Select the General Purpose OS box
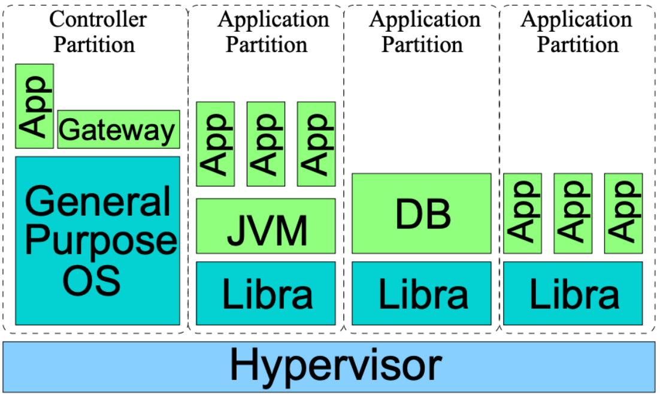[x=97, y=240]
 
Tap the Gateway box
[x=119, y=129]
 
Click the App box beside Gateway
[x=35, y=106]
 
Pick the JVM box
[x=266, y=226]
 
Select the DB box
[x=422, y=213]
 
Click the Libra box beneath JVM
[x=266, y=293]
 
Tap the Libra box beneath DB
[x=422, y=293]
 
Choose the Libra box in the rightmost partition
[x=573, y=293]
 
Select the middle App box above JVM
[x=266, y=144]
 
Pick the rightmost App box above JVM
[x=316, y=144]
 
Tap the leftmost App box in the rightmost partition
[x=523, y=213]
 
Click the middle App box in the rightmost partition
[x=573, y=213]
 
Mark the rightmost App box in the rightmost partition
[x=623, y=213]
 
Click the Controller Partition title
[x=97, y=31]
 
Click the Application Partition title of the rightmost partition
[x=576, y=31]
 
